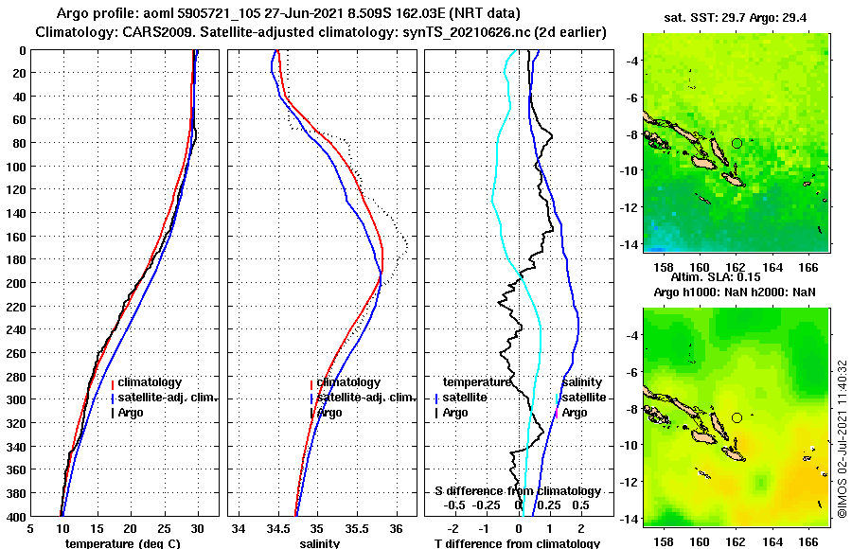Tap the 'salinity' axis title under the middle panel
point(320,543)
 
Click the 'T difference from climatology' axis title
point(517,543)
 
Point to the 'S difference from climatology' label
point(517,491)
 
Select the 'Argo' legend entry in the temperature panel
point(132,413)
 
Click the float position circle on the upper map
point(737,143)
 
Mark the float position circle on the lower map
point(737,417)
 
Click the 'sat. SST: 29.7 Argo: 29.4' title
point(737,18)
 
